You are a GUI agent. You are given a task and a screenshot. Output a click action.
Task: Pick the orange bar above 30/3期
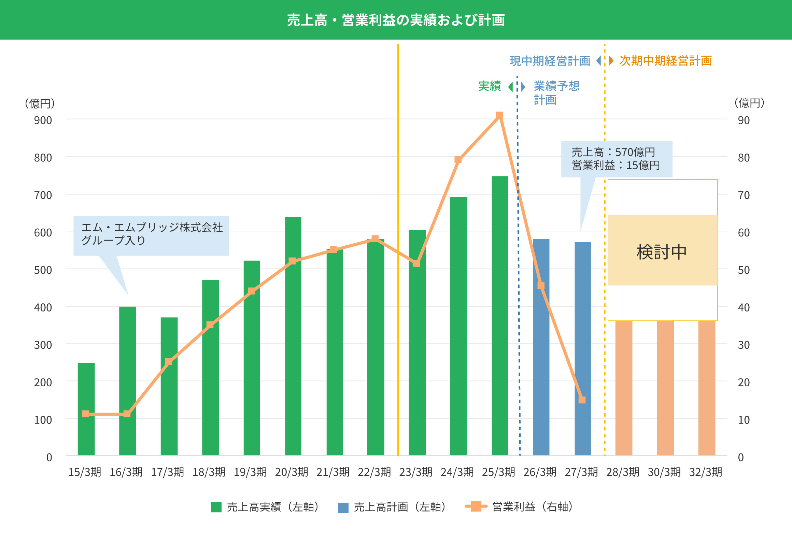(665, 388)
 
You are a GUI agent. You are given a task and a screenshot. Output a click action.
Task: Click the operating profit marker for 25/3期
(499, 115)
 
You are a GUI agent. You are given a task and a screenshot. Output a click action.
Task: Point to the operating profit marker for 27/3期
(582, 400)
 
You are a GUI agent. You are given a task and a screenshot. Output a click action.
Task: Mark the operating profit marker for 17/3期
(168, 362)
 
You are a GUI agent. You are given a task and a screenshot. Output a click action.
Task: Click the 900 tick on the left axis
(43, 120)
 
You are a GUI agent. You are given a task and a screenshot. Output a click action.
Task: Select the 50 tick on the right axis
(744, 270)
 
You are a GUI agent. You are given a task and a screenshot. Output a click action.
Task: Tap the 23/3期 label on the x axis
(416, 472)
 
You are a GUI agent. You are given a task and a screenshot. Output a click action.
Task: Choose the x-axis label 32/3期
(705, 472)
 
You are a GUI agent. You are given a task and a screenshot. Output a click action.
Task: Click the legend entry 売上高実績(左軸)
(267, 507)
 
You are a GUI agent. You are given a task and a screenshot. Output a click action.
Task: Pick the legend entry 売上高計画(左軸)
(394, 507)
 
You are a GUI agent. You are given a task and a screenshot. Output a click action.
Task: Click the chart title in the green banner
(396, 20)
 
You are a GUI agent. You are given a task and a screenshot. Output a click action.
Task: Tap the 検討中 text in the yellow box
(662, 252)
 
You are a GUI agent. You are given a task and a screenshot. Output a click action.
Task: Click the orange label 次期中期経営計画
(666, 61)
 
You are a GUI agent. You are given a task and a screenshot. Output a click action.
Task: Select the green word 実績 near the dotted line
(490, 86)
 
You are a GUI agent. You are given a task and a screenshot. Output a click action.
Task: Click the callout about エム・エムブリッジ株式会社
(152, 234)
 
